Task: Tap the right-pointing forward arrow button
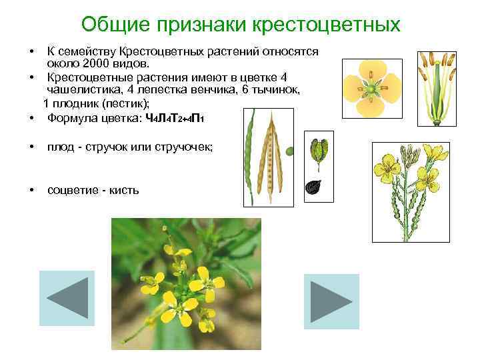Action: [331, 301]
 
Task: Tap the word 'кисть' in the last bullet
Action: [125, 191]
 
